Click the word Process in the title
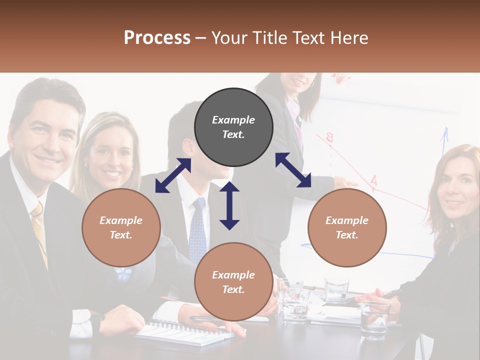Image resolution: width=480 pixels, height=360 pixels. (157, 38)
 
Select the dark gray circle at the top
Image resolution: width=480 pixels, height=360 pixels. (233, 127)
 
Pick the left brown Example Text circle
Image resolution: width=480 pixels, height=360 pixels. (121, 227)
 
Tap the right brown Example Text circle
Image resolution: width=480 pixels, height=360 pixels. (347, 227)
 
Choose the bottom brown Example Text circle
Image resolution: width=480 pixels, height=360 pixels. (233, 282)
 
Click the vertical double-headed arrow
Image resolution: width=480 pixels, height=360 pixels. (229, 205)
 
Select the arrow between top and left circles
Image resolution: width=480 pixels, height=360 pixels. (173, 175)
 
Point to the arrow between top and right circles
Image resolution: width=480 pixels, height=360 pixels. (293, 170)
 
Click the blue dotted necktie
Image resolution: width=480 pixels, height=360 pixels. (198, 230)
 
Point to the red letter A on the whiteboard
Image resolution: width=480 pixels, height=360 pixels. (373, 180)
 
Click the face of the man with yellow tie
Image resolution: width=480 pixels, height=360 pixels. (47, 137)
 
